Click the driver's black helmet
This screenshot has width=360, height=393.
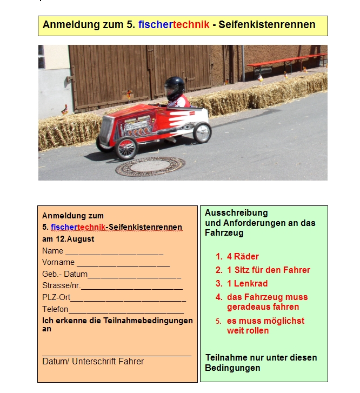tap(174, 86)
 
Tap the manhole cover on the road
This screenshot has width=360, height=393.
tap(150, 166)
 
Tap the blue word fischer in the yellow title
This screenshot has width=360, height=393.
tap(155, 25)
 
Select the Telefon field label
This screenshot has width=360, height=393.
tap(55, 309)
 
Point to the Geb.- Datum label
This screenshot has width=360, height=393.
tap(65, 274)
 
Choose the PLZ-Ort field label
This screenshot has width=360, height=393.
tap(56, 297)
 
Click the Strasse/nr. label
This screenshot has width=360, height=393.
tap(61, 285)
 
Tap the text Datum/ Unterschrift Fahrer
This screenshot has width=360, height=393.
tap(93, 361)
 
